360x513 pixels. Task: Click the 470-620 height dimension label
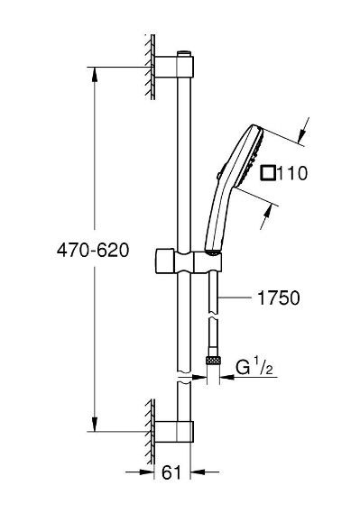pyautogui.click(x=93, y=251)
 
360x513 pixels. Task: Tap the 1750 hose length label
pyautogui.click(x=279, y=298)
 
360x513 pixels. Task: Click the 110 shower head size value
pyautogui.click(x=292, y=173)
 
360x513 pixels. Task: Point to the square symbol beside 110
pyautogui.click(x=268, y=173)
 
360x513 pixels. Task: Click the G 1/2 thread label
pyautogui.click(x=254, y=367)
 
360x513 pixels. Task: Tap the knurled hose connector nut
pyautogui.click(x=213, y=361)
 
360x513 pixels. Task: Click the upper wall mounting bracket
pyautogui.click(x=174, y=67)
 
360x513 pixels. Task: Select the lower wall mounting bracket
pyautogui.click(x=174, y=432)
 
